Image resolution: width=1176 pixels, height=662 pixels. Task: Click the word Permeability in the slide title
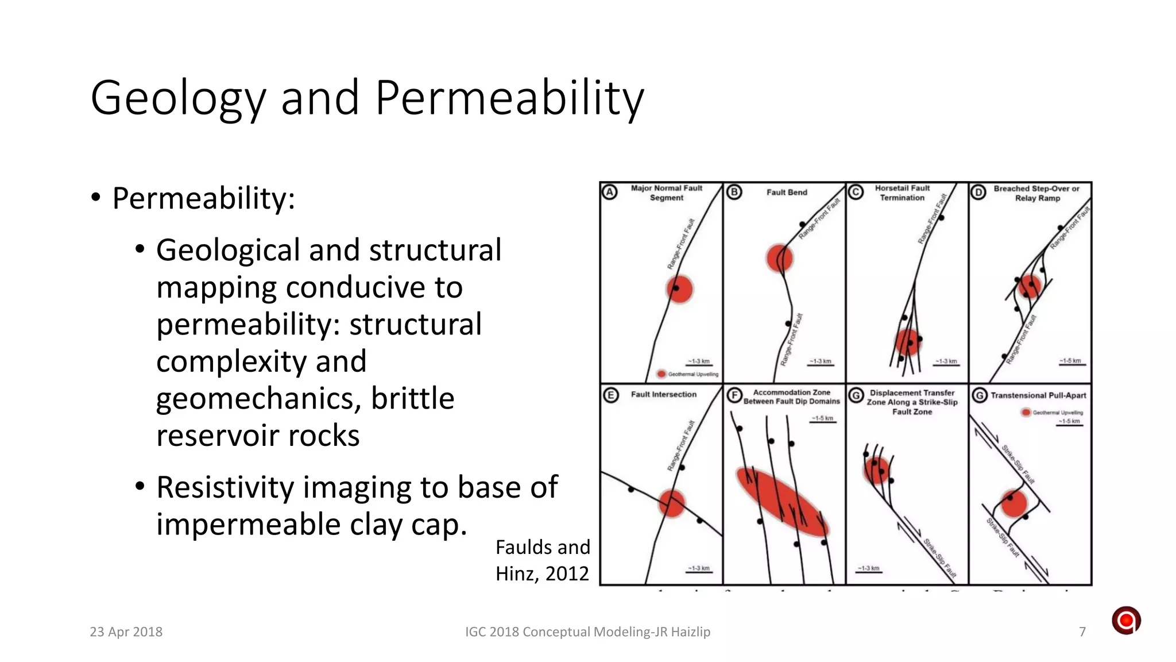click(509, 98)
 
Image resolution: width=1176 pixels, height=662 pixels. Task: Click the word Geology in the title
click(178, 99)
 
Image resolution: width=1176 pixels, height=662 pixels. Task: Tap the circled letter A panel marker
click(610, 193)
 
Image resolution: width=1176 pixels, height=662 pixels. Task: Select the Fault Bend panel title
click(787, 193)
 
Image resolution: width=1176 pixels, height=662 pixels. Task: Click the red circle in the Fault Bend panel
click(780, 258)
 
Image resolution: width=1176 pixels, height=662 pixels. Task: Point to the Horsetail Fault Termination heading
click(902, 193)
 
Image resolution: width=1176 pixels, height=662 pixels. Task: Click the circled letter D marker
click(978, 193)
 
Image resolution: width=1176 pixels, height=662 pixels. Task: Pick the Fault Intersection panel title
click(663, 395)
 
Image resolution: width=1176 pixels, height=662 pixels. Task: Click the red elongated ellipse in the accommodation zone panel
click(782, 502)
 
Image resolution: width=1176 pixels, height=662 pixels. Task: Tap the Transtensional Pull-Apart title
click(1038, 395)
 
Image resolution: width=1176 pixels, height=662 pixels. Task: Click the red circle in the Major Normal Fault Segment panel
click(680, 289)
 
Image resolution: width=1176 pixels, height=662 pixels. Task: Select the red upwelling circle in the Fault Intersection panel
click(671, 503)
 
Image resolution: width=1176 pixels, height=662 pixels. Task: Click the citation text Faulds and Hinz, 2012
click(543, 560)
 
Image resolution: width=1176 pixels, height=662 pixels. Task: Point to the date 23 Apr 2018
click(126, 632)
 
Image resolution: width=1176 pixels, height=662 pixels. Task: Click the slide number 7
click(1082, 632)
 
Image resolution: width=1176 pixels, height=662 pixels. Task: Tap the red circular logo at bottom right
click(1126, 621)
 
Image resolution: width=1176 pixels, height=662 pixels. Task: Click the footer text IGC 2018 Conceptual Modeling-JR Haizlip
click(587, 632)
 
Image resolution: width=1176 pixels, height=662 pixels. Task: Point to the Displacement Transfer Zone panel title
click(912, 402)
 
